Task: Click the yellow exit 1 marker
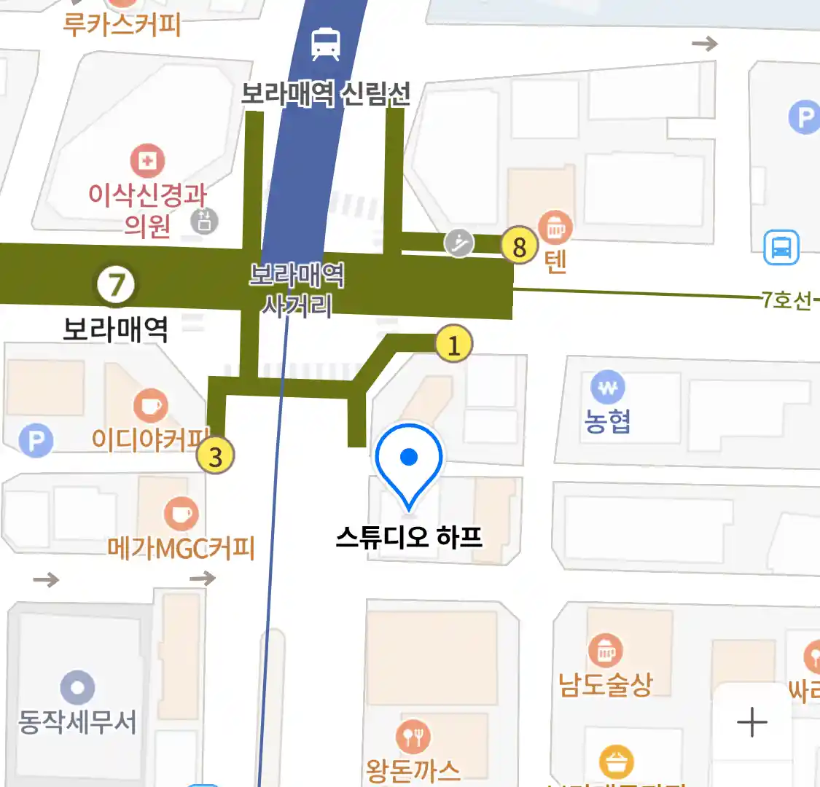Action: (453, 344)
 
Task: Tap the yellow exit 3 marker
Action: (215, 456)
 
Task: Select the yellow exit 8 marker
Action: (519, 246)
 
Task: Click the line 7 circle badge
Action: (117, 284)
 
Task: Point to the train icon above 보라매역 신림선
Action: (325, 44)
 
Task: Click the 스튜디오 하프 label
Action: (409, 537)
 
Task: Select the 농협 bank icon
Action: (608, 388)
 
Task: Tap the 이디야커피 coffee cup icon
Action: (151, 405)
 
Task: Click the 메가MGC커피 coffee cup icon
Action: (181, 513)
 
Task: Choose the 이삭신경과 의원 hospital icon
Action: (147, 160)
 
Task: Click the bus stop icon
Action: (781, 247)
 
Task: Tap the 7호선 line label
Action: (786, 299)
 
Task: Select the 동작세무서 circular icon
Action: (77, 688)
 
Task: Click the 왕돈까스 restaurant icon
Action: (413, 737)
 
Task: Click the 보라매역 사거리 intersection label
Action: (297, 289)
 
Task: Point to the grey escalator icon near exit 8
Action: (459, 243)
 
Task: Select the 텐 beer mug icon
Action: (555, 228)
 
